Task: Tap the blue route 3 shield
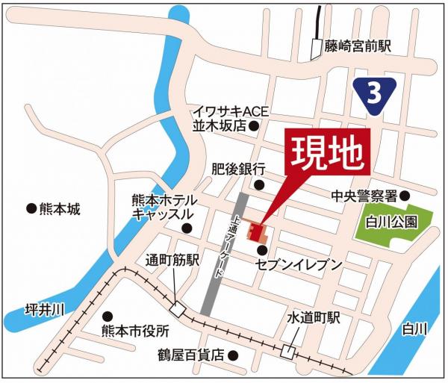[373, 93]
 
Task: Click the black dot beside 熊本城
[31, 210]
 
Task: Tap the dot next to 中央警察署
[405, 196]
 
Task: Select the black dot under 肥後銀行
[259, 185]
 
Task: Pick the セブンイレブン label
[298, 265]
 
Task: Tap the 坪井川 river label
[45, 309]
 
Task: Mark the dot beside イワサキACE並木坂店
[255, 126]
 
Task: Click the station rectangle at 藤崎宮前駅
[315, 49]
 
